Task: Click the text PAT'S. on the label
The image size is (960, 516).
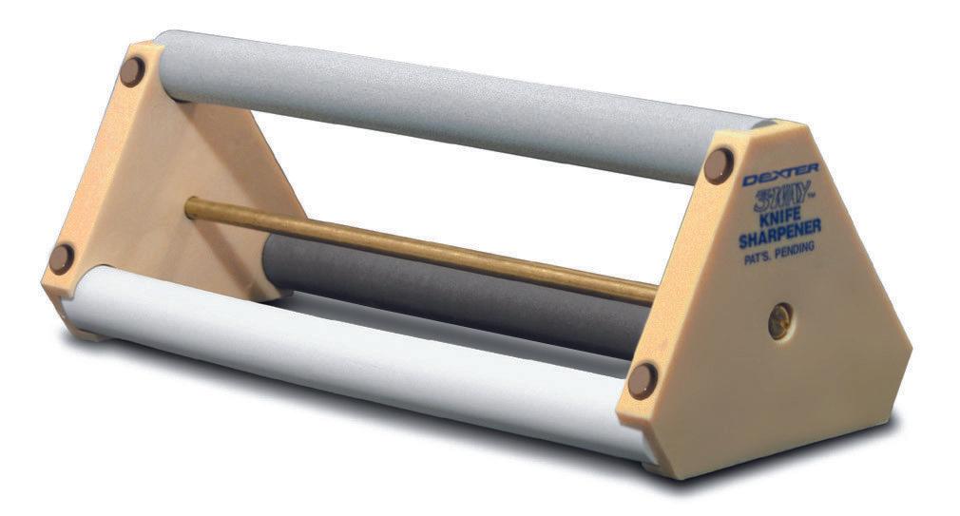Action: [x=760, y=251]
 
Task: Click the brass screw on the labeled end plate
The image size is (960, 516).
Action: [x=780, y=319]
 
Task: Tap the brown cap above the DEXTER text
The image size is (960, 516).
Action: [x=720, y=164]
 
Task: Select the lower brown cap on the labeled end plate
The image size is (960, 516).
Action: [x=642, y=380]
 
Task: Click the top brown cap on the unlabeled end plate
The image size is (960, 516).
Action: [x=132, y=70]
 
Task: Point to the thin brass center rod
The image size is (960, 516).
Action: [x=418, y=247]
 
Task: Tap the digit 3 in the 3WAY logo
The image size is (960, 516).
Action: [x=751, y=200]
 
